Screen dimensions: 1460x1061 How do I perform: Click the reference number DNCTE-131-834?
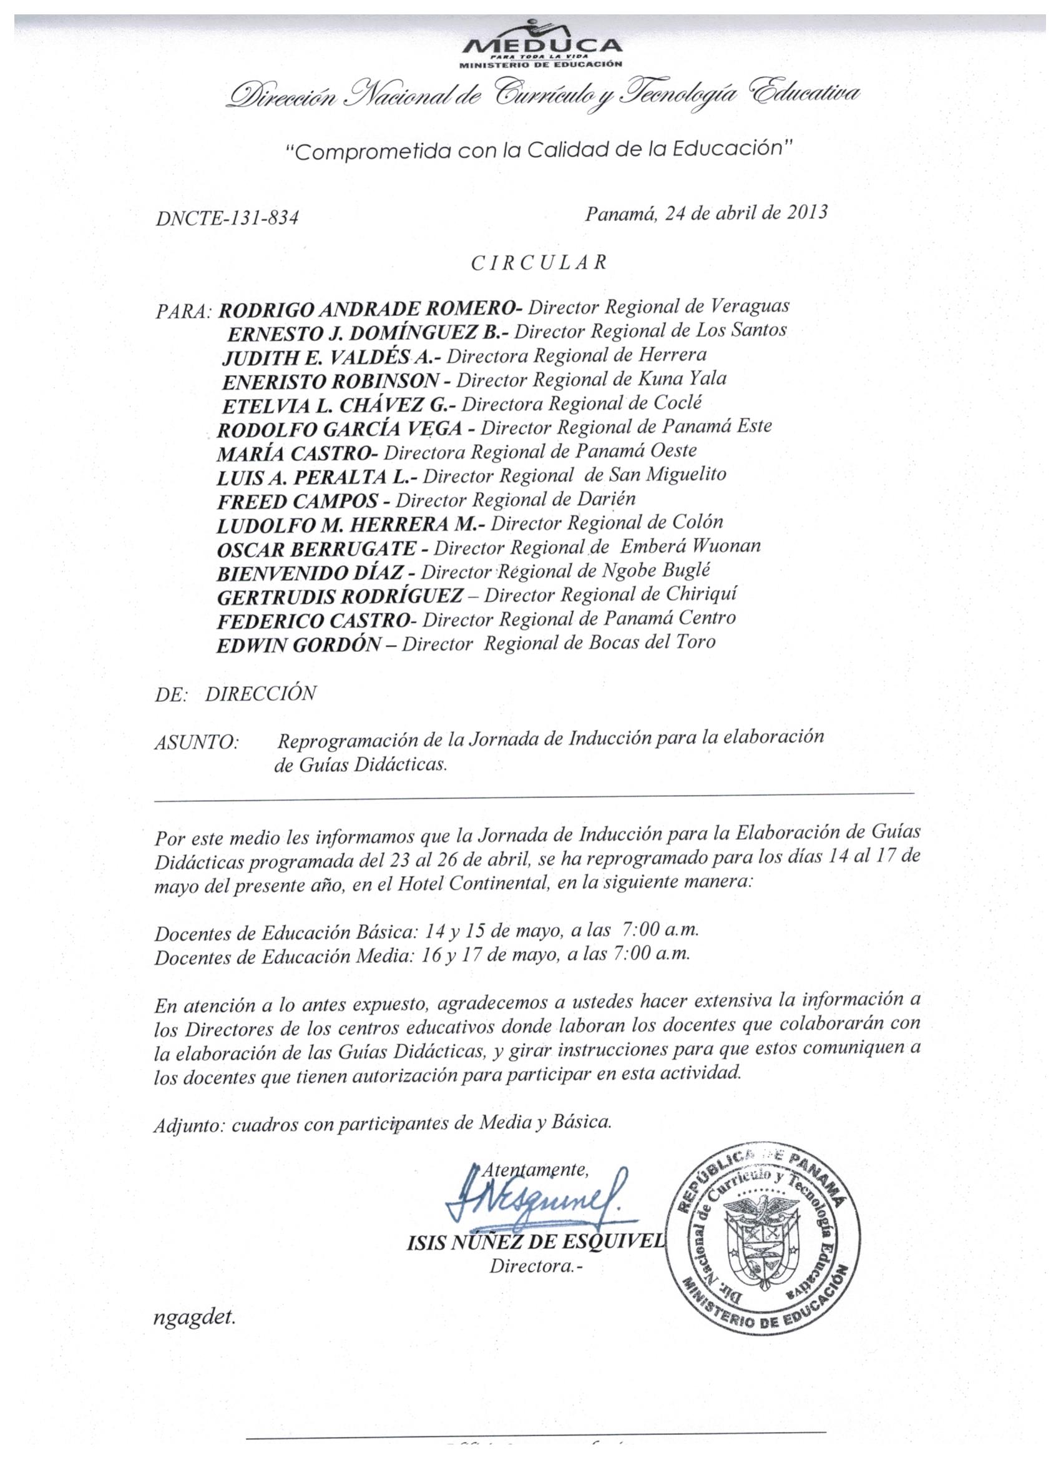point(227,219)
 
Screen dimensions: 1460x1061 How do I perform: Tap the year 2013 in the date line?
point(807,213)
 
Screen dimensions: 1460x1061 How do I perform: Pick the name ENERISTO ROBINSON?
point(331,382)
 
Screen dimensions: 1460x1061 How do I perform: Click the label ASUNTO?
point(197,743)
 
